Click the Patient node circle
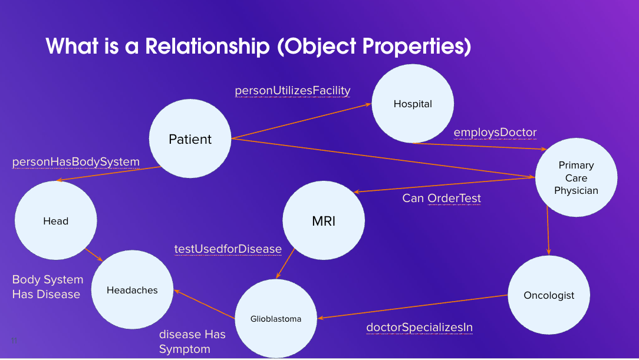pyautogui.click(x=190, y=140)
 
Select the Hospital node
pyautogui.click(x=413, y=104)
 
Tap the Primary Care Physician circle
pyautogui.click(x=576, y=178)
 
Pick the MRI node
pyautogui.click(x=324, y=222)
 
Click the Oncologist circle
pyautogui.click(x=549, y=295)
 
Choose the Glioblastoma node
pyautogui.click(x=276, y=319)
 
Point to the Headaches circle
pyautogui.click(x=132, y=290)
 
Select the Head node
pyautogui.click(x=56, y=221)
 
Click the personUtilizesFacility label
pyautogui.click(x=292, y=90)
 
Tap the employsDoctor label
pyautogui.click(x=495, y=132)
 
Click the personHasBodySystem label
pyautogui.click(x=76, y=161)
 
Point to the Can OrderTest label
pyautogui.click(x=442, y=198)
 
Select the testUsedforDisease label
pyautogui.click(x=228, y=249)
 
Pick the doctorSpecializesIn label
pyautogui.click(x=419, y=327)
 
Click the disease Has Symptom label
pyautogui.click(x=192, y=342)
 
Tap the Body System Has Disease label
pyautogui.click(x=47, y=287)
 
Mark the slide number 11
pyautogui.click(x=14, y=341)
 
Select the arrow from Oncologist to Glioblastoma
pyautogui.click(x=413, y=306)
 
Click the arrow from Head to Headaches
pyautogui.click(x=94, y=255)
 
